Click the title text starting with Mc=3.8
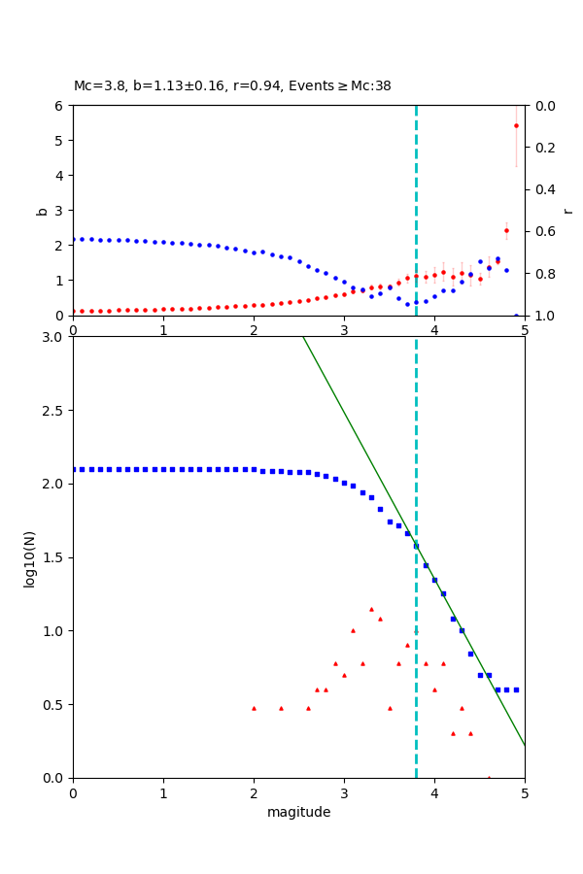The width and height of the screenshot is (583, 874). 232,86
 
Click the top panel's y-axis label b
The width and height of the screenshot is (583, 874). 42,210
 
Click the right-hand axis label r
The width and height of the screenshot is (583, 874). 567,210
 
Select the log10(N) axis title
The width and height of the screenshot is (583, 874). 30,557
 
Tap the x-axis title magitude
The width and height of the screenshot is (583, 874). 298,812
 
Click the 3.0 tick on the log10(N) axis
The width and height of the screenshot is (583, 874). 54,337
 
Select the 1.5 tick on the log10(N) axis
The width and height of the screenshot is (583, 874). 54,557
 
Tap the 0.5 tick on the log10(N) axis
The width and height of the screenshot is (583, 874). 54,704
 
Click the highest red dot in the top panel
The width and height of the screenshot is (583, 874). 516,125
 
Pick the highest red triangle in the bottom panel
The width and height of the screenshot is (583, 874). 371,609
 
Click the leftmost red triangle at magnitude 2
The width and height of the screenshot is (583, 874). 254,708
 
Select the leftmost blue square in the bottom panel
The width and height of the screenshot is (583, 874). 74,469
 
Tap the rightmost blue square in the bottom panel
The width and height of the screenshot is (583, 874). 516,689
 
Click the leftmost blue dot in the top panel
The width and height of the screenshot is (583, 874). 74,239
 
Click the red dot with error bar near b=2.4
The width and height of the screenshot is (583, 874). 506,231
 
